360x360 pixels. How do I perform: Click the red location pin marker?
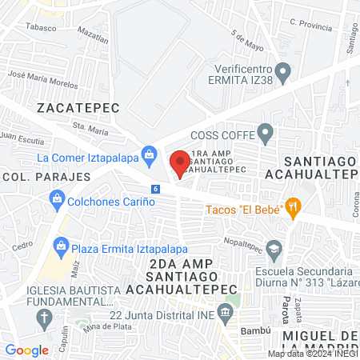click(x=180, y=161)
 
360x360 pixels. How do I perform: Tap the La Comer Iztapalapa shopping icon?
click(x=149, y=153)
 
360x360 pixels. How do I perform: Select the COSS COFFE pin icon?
click(x=266, y=132)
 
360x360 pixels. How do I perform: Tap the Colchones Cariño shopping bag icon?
click(x=56, y=198)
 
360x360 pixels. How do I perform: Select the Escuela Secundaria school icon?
click(x=275, y=247)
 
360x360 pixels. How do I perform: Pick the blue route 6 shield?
click(x=155, y=188)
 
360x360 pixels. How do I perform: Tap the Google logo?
click(x=26, y=350)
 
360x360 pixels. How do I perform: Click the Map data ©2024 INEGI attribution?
click(x=311, y=354)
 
